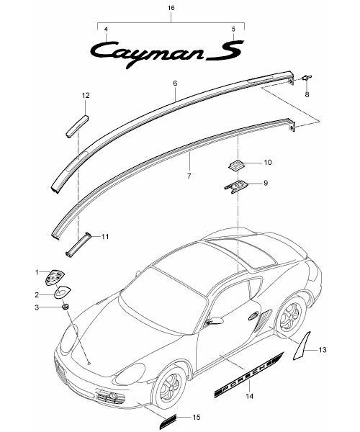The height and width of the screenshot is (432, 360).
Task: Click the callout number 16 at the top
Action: pos(171,8)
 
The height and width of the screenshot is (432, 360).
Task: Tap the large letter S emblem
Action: pos(225,50)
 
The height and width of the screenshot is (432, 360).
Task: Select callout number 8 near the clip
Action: pos(307,95)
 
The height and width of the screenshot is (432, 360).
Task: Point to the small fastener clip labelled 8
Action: pos(307,78)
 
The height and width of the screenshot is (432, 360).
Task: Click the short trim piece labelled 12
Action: pos(77,126)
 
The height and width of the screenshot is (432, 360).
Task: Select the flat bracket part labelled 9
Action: pos(236,187)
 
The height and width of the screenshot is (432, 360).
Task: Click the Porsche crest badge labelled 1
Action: pos(55,277)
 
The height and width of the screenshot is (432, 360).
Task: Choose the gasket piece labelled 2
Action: pos(62,292)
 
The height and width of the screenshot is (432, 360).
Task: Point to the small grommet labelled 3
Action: pos(66,307)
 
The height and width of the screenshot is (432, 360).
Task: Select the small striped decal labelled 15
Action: pos(168,418)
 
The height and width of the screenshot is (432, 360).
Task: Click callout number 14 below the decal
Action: pos(250,396)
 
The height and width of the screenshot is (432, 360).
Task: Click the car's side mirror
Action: pos(215,320)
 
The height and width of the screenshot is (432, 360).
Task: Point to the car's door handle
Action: pos(253,317)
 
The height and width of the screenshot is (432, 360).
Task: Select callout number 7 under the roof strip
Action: pos(189,176)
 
